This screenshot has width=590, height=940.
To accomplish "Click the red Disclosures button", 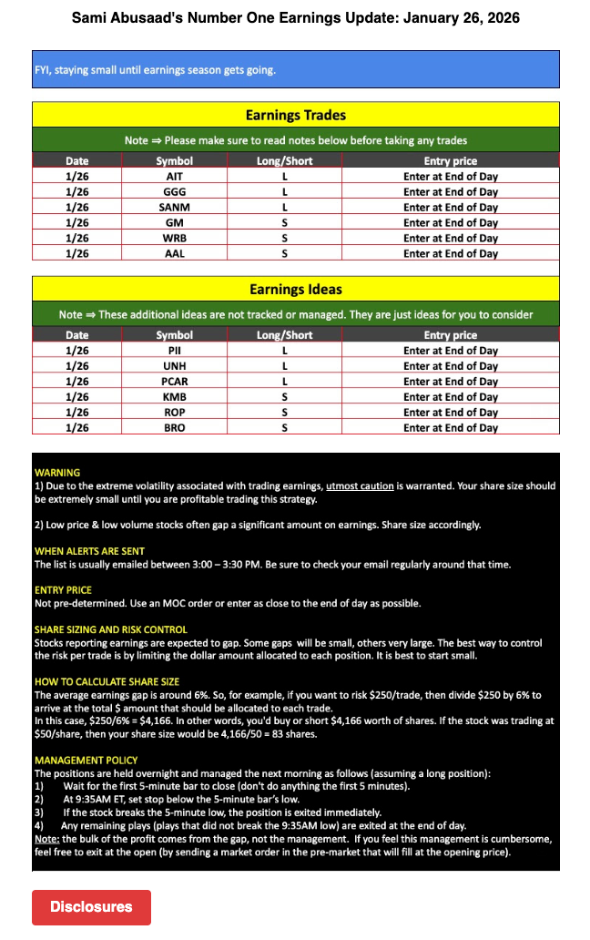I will coord(91,906).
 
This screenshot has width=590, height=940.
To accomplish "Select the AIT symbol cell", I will coord(175,177).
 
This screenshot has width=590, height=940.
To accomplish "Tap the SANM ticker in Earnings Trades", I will coord(175,208).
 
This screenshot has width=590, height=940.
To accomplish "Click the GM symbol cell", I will coord(175,223).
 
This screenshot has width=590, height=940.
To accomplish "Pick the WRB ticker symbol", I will coord(175,239).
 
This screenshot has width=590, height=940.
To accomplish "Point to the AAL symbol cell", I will coord(175,254).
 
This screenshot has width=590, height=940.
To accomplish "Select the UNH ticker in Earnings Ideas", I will coord(175,366).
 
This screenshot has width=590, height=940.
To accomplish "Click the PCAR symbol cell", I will coord(175,382).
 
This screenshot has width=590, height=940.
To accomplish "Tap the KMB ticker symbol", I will coord(175,397).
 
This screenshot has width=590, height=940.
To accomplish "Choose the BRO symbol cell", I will coord(175,428).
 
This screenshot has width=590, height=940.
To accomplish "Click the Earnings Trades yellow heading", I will coord(296,116).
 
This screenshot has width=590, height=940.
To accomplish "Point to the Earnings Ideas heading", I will coord(296,290).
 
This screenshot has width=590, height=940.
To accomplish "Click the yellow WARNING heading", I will coord(57,473).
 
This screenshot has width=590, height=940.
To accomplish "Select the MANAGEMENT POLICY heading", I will coord(86,760).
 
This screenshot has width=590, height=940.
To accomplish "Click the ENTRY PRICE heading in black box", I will coord(63,590).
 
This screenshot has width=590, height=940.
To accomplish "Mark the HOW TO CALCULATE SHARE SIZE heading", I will coord(107,681).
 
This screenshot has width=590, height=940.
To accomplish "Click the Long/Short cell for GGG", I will coord(285,192).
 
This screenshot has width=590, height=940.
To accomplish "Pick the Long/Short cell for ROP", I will coord(285,413).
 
